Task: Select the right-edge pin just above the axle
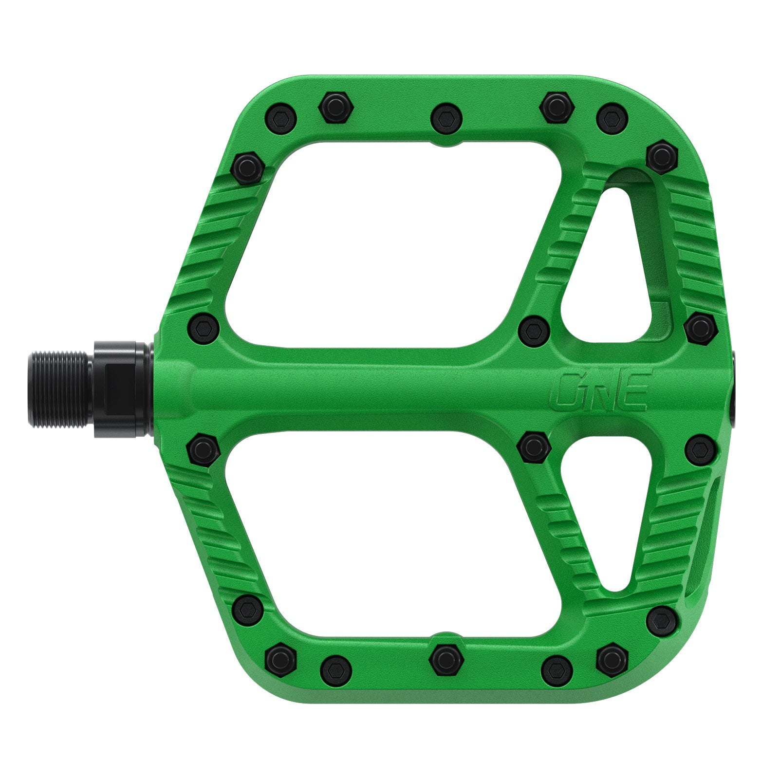pos(700,328)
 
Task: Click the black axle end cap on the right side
pos(734,389)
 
